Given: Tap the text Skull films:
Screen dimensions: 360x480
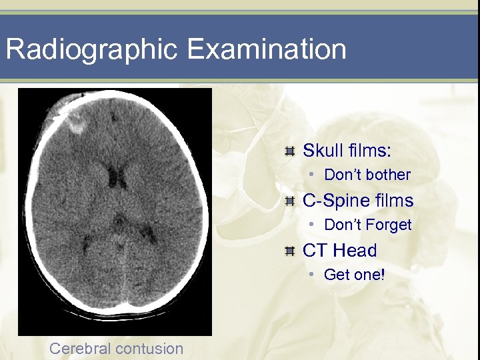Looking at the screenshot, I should (x=347, y=151).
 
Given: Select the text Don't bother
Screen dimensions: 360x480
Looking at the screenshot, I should (x=367, y=175).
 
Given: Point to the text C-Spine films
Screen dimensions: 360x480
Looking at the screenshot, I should (x=358, y=201).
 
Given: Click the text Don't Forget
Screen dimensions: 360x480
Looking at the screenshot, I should (x=368, y=225).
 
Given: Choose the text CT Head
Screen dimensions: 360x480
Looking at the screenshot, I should (x=339, y=251).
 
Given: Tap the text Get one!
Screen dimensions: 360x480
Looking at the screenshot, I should (x=354, y=275).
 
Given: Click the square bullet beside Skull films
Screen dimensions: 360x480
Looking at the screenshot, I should (x=289, y=151).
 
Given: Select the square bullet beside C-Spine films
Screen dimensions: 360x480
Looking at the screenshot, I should (x=289, y=201).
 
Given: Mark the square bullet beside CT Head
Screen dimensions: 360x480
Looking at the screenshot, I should (x=289, y=251).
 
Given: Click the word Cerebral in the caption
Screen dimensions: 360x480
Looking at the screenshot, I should (x=79, y=348).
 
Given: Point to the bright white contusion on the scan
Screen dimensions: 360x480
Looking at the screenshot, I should (x=75, y=122).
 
